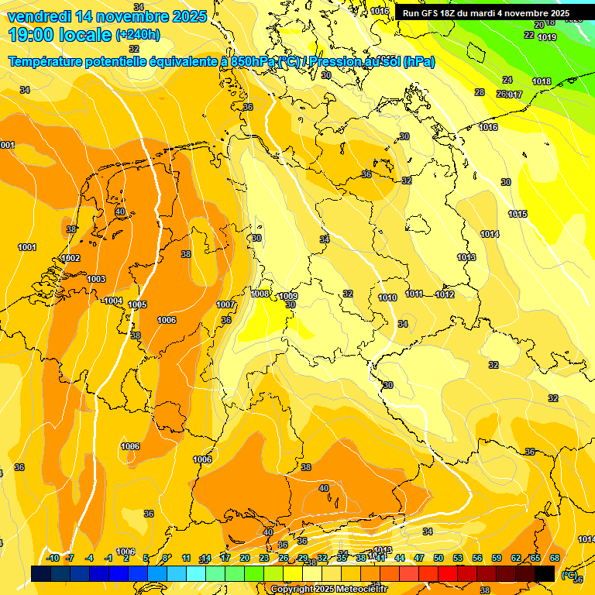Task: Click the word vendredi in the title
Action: [40, 16]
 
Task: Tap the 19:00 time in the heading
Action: [36, 35]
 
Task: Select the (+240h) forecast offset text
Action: [137, 35]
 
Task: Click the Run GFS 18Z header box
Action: [486, 13]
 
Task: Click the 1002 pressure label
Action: [71, 258]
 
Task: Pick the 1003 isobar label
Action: [96, 279]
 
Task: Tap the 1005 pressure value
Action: [137, 304]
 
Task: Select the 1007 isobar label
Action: [225, 304]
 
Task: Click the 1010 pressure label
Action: [387, 297]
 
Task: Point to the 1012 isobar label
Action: [445, 294]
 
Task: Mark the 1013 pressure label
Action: [466, 257]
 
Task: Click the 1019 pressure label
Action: [547, 37]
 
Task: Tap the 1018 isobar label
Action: [542, 81]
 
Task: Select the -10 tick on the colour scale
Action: [53, 558]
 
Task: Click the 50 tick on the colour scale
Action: [439, 558]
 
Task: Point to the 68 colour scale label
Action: [555, 558]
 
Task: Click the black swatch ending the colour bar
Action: [545, 573]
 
